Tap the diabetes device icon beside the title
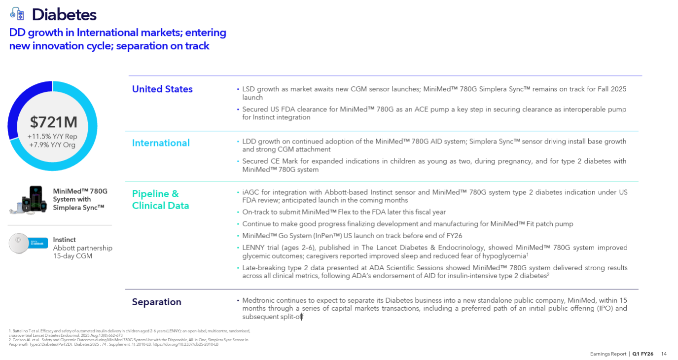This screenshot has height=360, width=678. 17,14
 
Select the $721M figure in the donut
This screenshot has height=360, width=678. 53,122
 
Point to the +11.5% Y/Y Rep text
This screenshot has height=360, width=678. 52,137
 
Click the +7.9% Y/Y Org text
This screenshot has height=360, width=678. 53,144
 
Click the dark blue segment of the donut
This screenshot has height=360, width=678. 22,104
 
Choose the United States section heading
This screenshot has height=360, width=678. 162,89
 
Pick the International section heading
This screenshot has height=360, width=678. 161,143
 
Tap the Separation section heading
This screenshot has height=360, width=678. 156,302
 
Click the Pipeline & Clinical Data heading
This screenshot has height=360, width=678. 160,200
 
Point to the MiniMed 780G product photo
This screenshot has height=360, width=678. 30,199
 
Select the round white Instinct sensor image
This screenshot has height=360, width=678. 18,243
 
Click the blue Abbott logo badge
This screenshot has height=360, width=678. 38,243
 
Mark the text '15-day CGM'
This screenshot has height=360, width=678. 72,256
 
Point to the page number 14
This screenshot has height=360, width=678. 664,354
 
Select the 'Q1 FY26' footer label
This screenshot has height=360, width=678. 643,354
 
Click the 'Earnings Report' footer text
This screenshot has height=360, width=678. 608,354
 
